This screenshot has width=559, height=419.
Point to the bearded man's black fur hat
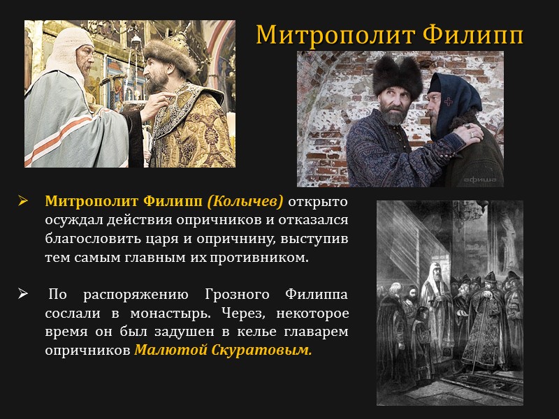(396, 74)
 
